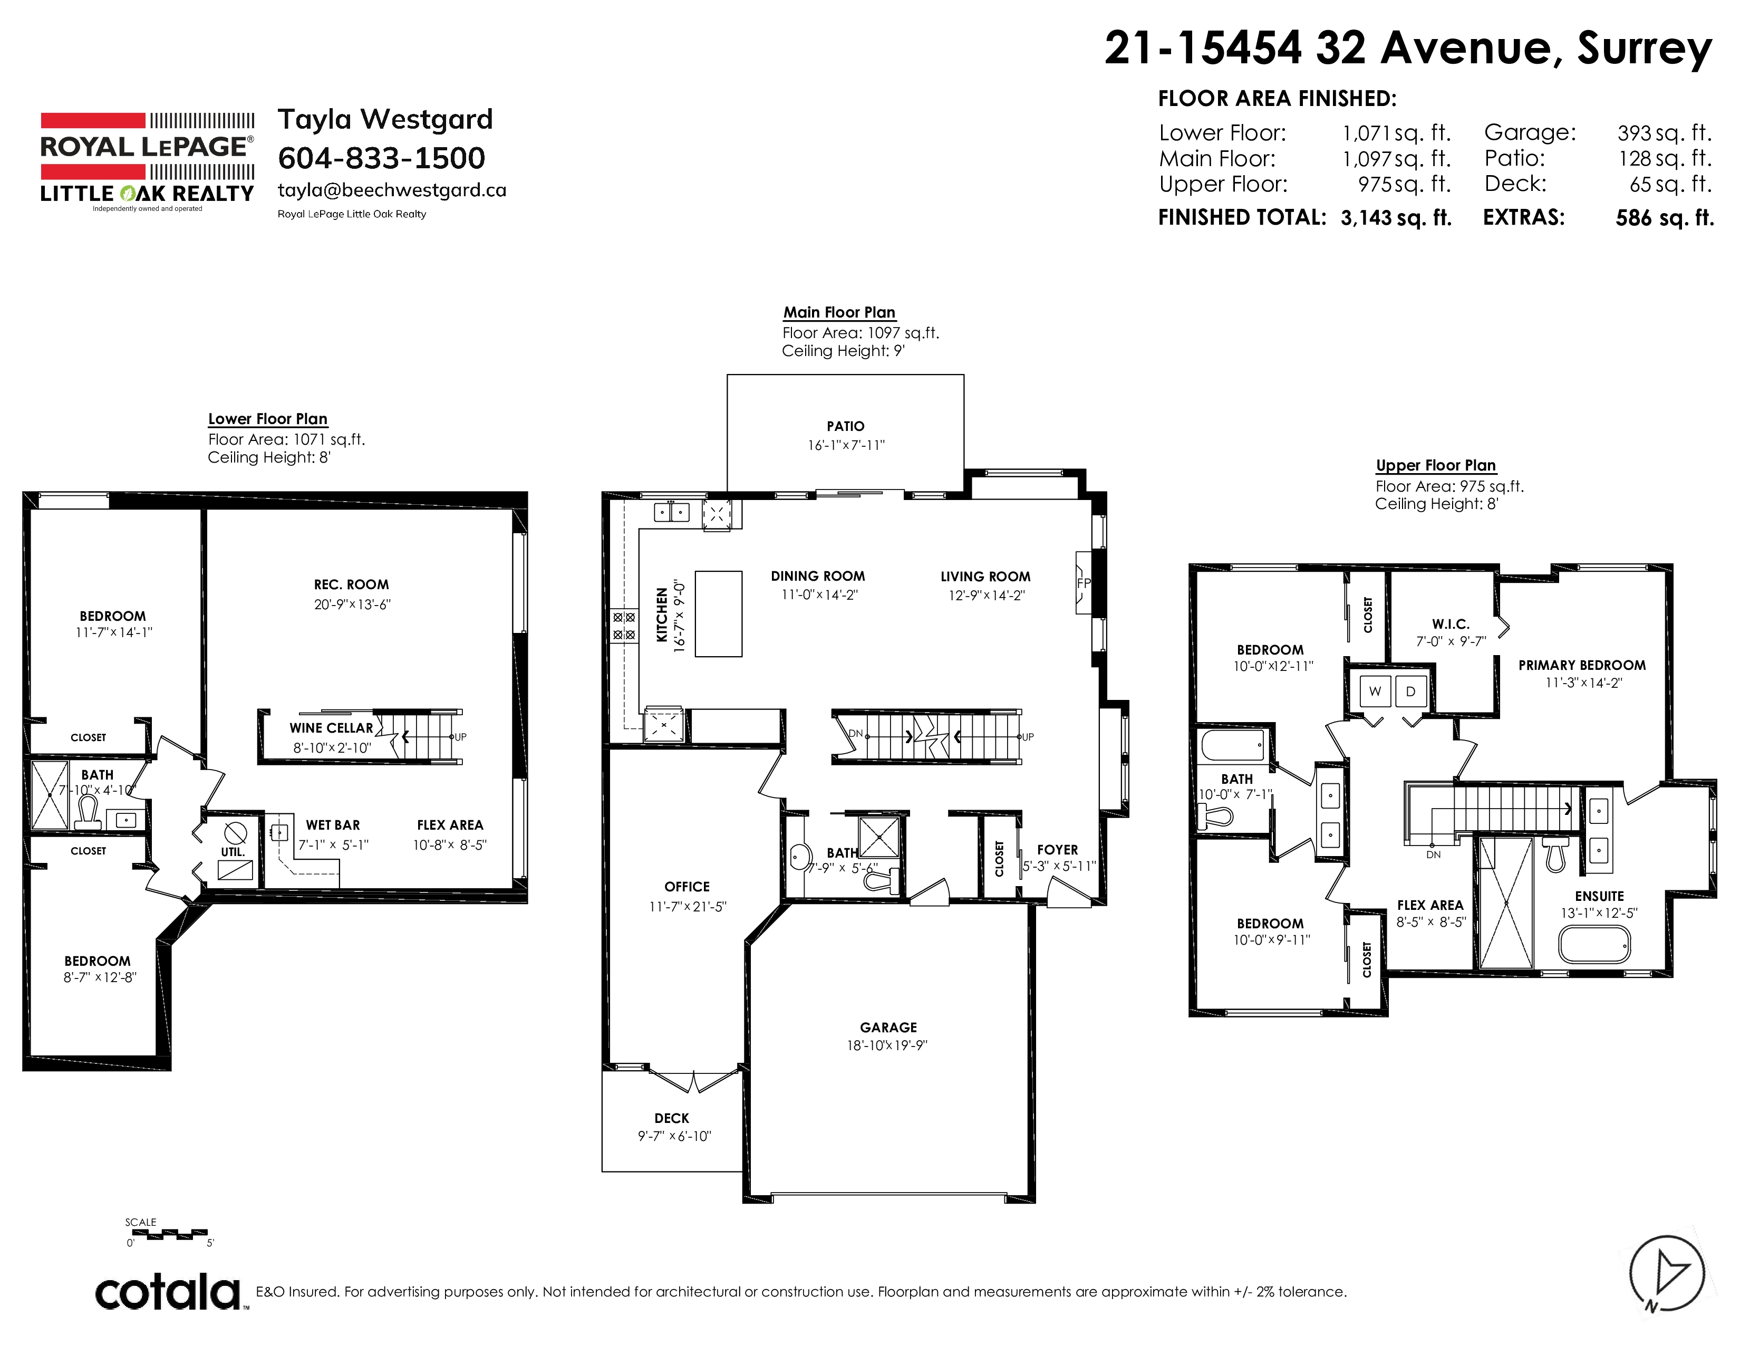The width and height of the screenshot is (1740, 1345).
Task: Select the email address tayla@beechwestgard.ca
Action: tap(392, 190)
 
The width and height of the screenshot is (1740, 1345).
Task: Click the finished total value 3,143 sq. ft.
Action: tap(1396, 217)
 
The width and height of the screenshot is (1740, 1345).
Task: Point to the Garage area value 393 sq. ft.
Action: tap(1664, 132)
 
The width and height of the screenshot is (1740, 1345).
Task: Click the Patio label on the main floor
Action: tap(845, 426)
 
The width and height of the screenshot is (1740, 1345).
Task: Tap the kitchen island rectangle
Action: tap(719, 613)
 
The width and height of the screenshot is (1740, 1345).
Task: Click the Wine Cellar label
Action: tap(332, 728)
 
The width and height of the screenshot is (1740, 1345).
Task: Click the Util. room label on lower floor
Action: tap(233, 852)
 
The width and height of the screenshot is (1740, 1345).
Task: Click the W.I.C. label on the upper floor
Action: tap(1451, 624)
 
